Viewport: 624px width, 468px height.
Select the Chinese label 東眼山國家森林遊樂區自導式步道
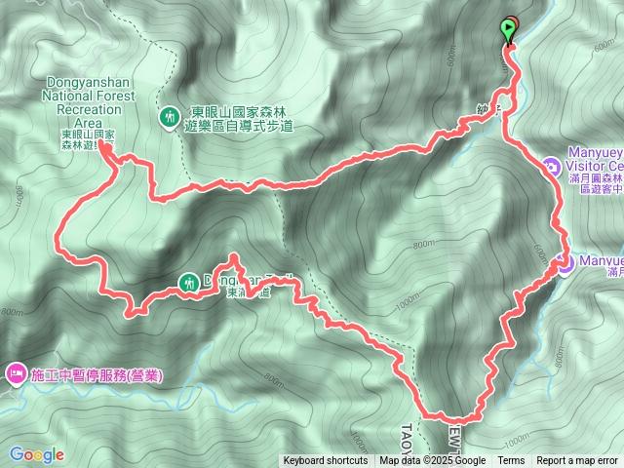pyautogui.click(x=238, y=117)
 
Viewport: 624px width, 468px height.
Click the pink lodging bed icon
pyautogui.click(x=16, y=373)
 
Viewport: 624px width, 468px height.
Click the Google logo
pyautogui.click(x=36, y=454)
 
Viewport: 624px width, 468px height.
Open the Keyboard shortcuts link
pyautogui.click(x=326, y=461)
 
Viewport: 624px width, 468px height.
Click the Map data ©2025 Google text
pyautogui.click(x=433, y=461)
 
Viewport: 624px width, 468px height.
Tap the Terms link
pyautogui.click(x=511, y=461)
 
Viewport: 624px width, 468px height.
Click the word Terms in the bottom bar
pyautogui.click(x=511, y=461)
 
